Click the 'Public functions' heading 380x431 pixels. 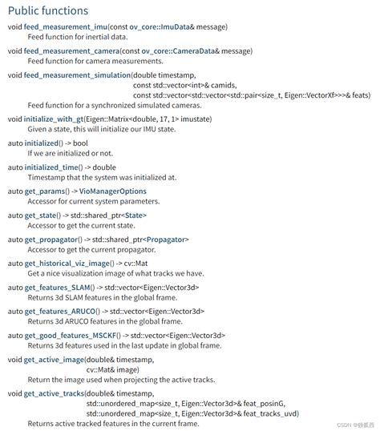click(48, 10)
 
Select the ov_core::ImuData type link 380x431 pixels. click(158, 28)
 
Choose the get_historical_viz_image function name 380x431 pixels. click(69, 262)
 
